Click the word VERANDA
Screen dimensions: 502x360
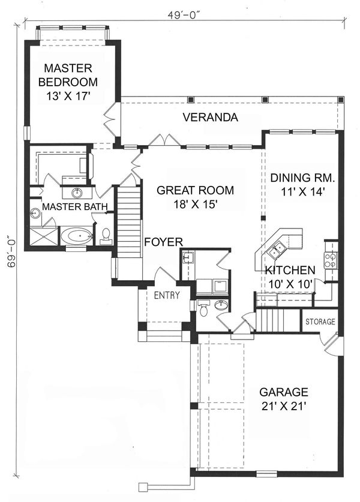pyautogui.click(x=211, y=117)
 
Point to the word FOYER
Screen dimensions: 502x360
pyautogui.click(x=163, y=242)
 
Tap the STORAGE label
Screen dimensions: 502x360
pyautogui.click(x=320, y=322)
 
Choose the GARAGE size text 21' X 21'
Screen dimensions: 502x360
pyautogui.click(x=284, y=406)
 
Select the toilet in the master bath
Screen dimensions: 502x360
pyautogui.click(x=106, y=236)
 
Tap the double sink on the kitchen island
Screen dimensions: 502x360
pyautogui.click(x=278, y=248)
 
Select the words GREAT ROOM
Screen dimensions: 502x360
pyautogui.click(x=194, y=191)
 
